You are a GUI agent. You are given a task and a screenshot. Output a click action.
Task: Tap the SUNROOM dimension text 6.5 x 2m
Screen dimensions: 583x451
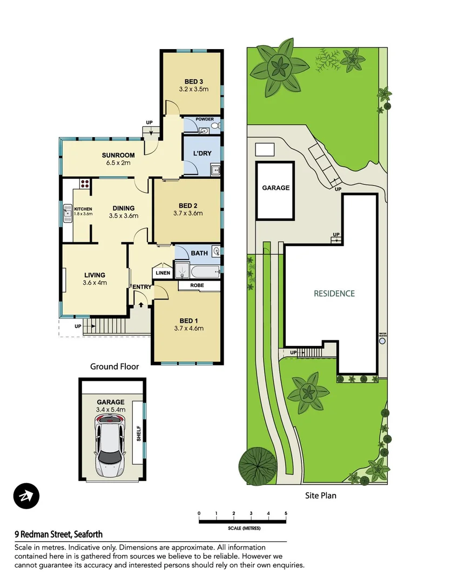click(x=117, y=162)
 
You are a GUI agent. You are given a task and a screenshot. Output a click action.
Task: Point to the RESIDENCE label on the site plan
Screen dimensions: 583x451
click(x=334, y=294)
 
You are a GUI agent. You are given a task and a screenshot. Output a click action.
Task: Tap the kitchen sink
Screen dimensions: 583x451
click(x=68, y=213)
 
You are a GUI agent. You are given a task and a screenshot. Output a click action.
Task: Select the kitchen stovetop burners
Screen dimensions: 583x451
click(x=84, y=184)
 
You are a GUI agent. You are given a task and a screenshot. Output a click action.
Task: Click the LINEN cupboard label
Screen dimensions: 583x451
click(x=163, y=273)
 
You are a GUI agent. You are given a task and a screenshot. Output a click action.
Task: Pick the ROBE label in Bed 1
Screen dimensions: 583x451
click(x=196, y=286)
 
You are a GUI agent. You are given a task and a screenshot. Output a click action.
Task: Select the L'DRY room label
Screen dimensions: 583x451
click(x=202, y=153)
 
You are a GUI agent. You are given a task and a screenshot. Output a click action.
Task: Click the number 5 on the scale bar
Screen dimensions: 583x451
click(x=286, y=513)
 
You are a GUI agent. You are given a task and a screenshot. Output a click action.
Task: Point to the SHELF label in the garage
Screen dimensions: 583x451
click(x=138, y=433)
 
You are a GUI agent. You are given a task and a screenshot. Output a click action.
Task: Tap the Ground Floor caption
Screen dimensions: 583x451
click(x=114, y=367)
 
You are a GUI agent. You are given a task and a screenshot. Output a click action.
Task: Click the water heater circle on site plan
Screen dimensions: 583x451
click(x=383, y=341)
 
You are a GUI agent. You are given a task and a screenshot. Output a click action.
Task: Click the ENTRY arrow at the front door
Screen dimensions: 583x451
click(x=142, y=305)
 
